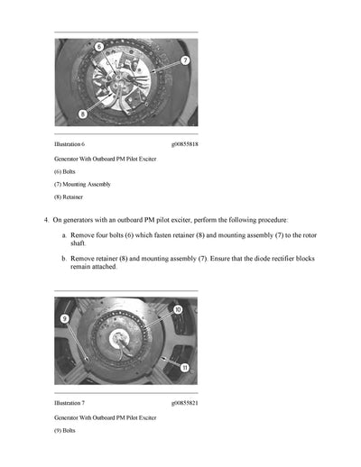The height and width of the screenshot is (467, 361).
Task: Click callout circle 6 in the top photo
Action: click(x=98, y=45)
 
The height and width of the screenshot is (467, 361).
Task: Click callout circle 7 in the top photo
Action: click(x=184, y=60)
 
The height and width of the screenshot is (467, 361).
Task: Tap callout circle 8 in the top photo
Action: click(x=82, y=114)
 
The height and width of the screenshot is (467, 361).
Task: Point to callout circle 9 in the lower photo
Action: click(x=65, y=318)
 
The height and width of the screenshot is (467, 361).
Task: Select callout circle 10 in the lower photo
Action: click(x=177, y=309)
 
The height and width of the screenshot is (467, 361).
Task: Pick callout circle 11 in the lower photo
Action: click(x=184, y=367)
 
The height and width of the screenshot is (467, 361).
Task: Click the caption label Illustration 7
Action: click(x=69, y=403)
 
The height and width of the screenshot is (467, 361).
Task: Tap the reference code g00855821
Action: click(x=184, y=403)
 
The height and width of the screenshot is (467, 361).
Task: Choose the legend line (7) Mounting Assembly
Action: click(x=82, y=184)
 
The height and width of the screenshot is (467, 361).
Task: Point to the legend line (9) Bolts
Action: click(x=65, y=431)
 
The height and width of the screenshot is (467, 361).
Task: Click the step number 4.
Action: click(x=46, y=219)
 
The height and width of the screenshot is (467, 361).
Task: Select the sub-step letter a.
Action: click(x=63, y=234)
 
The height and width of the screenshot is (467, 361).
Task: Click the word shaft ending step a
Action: click(x=79, y=243)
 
